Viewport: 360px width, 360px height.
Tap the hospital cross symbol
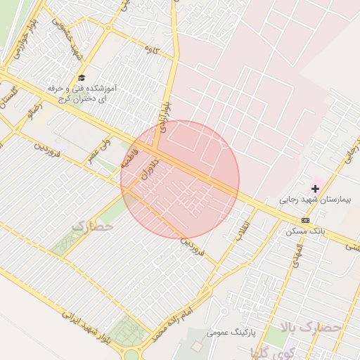click(x=315, y=188)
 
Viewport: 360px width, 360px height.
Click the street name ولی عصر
click(x=100, y=148)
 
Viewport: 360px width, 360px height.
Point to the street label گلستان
click(x=8, y=103)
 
